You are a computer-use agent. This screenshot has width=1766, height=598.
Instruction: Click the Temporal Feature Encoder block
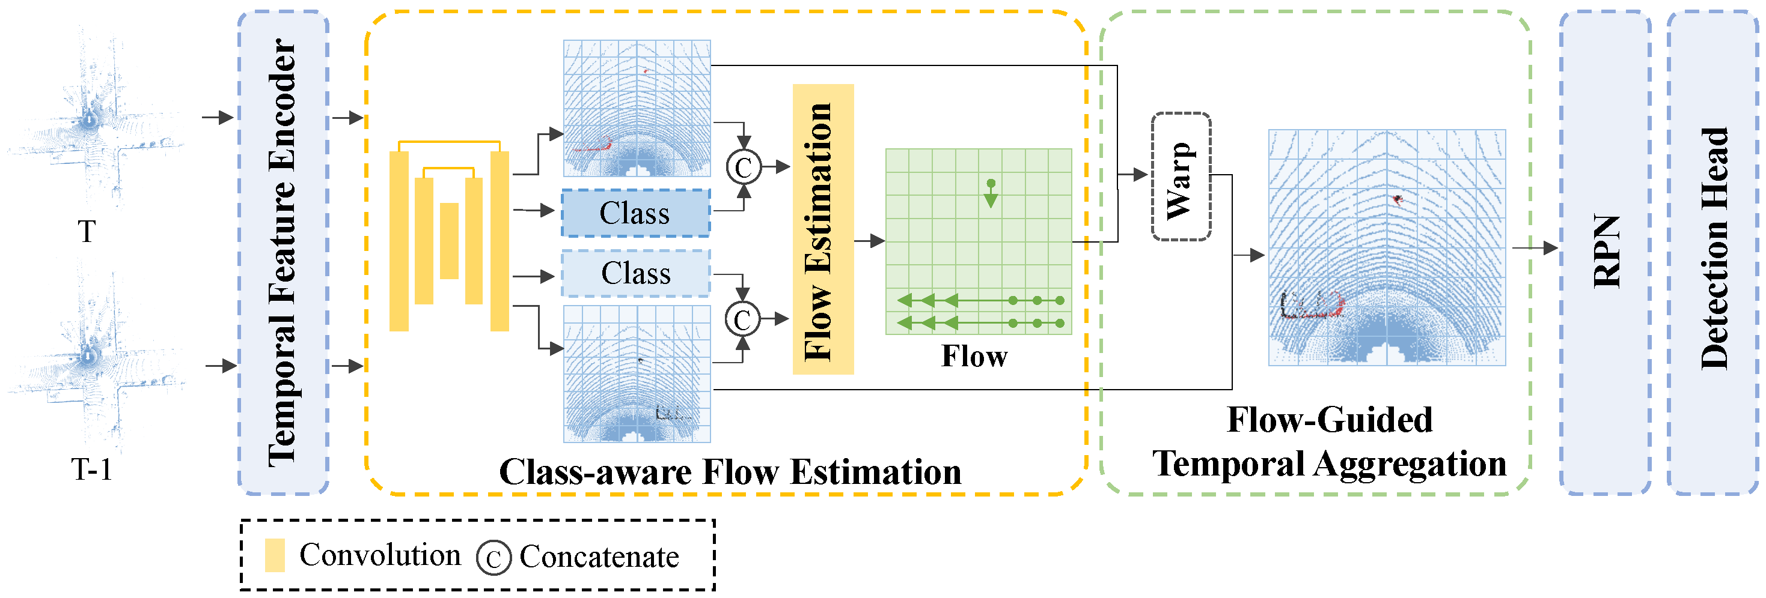pos(283,252)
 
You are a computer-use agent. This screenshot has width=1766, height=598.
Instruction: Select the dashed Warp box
pos(1180,177)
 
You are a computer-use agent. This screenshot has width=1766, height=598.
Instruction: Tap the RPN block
pos(1605,252)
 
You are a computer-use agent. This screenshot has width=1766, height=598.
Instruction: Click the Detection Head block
pos(1712,252)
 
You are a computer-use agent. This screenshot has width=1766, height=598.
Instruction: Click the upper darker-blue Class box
pos(635,213)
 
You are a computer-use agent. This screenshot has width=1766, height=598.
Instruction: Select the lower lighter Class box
pos(635,273)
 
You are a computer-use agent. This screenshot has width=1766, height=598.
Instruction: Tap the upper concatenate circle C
pos(743,167)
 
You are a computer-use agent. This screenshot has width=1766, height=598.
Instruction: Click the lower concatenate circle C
pos(742,319)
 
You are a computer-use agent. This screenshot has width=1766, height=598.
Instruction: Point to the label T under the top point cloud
pos(87,232)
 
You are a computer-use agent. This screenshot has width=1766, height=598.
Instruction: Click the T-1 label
pos(91,470)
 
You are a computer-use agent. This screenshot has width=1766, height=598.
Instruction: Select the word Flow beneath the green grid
pos(974,356)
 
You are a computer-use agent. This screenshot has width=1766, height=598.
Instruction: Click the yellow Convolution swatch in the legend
pos(275,555)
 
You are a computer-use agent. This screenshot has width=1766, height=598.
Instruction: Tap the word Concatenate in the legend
pos(599,556)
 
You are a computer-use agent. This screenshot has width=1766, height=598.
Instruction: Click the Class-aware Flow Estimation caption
pos(730,472)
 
